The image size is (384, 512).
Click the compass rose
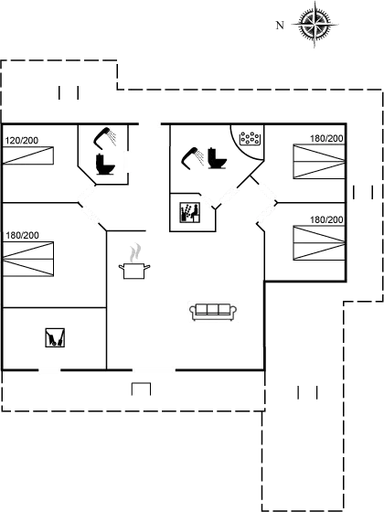(315, 25)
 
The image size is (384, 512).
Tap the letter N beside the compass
(280, 26)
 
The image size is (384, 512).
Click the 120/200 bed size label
(22, 141)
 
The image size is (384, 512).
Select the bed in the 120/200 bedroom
(28, 155)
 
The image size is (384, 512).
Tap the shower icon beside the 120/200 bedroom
(105, 137)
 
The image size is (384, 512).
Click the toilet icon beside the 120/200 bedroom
(105, 164)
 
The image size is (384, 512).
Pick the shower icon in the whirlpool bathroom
(193, 158)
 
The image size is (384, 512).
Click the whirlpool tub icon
(250, 138)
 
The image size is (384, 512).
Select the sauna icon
(190, 212)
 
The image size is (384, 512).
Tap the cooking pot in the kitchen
(134, 271)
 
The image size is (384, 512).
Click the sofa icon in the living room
(213, 312)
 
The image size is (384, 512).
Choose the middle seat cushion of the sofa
(213, 309)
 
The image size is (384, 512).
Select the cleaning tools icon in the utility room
(55, 337)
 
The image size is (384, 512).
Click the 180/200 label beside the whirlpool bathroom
(326, 138)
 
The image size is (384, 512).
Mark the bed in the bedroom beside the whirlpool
(319, 161)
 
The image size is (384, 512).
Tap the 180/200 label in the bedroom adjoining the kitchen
(22, 235)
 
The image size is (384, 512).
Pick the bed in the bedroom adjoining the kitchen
(28, 259)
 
